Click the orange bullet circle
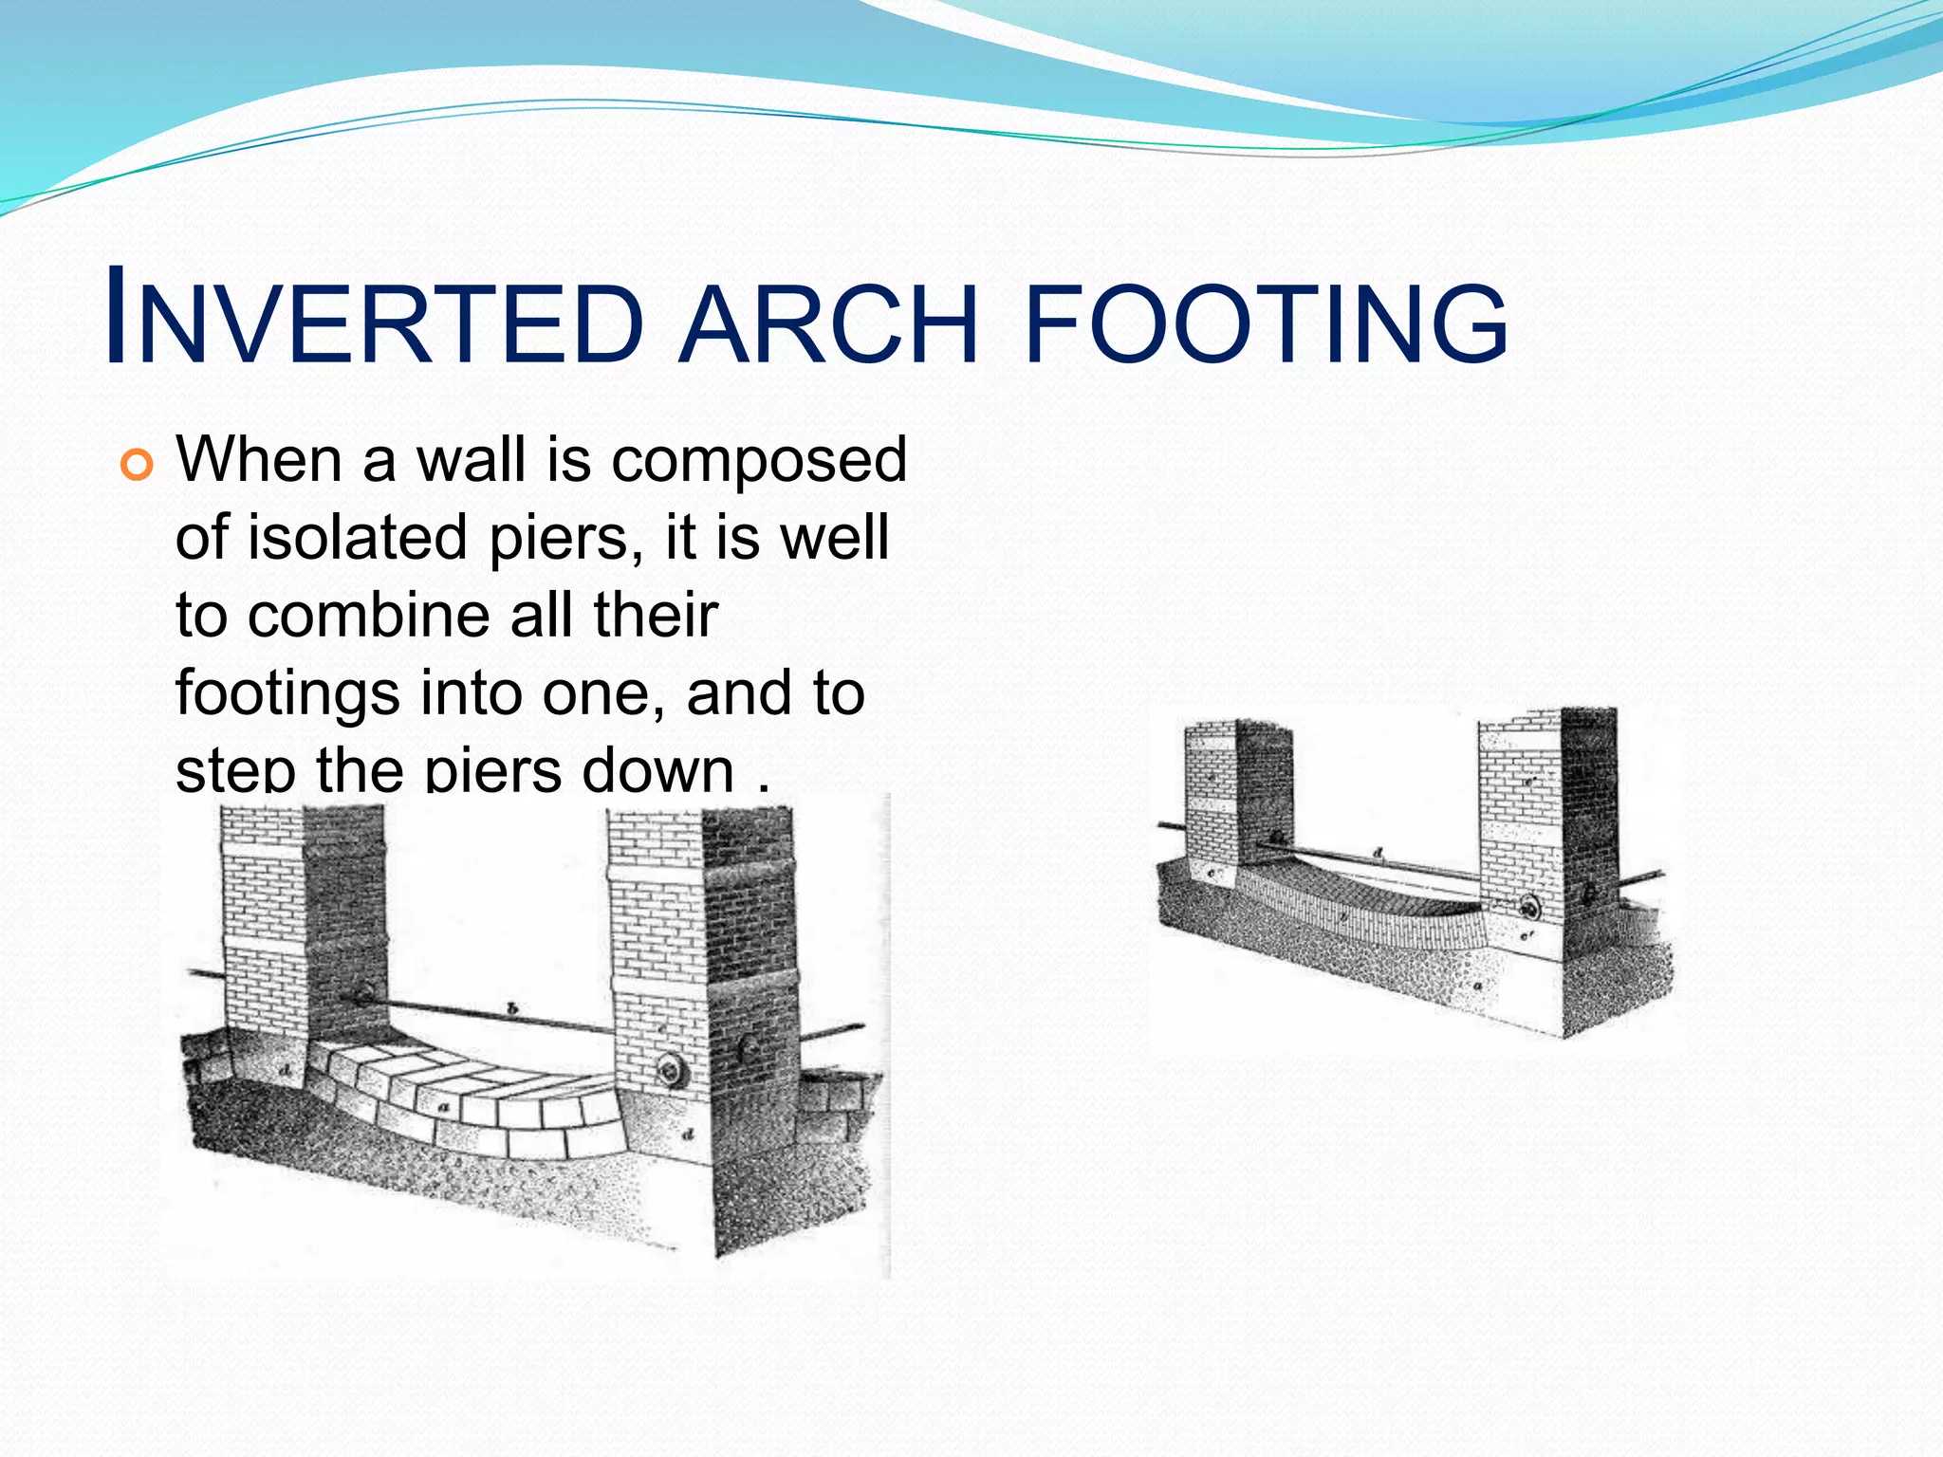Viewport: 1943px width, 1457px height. pyautogui.click(x=137, y=466)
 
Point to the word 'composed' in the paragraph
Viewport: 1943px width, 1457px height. pyautogui.click(x=759, y=461)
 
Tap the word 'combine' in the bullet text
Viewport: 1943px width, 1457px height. pyautogui.click(x=371, y=616)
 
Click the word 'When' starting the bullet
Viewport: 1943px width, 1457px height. pyautogui.click(x=259, y=460)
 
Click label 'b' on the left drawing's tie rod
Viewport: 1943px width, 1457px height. pyautogui.click(x=511, y=1007)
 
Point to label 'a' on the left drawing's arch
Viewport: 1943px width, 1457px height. pyautogui.click(x=443, y=1108)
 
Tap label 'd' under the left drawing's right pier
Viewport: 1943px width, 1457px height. pyautogui.click(x=689, y=1134)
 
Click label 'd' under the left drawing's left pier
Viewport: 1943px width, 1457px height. pyautogui.click(x=286, y=1071)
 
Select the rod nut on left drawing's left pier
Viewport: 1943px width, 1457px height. pyautogui.click(x=361, y=995)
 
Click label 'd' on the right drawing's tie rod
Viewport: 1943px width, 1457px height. pyautogui.click(x=1378, y=854)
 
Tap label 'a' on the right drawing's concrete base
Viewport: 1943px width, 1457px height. pyautogui.click(x=1476, y=987)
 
